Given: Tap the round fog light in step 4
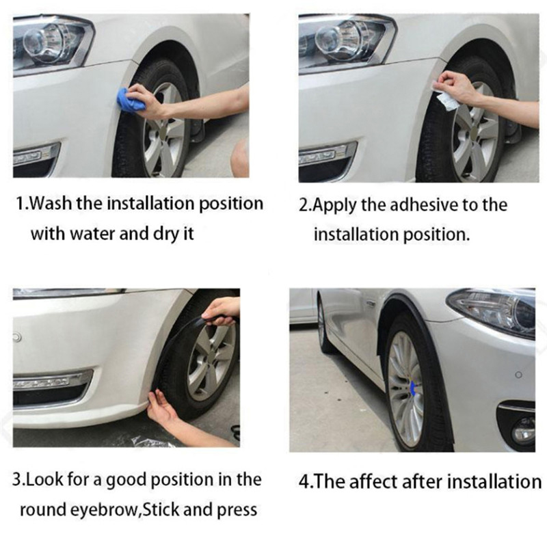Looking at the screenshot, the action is [x=523, y=431].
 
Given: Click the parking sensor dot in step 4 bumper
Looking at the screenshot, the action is [x=519, y=375].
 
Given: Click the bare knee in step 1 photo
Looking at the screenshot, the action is [x=240, y=157].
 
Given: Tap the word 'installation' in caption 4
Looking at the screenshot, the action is [x=494, y=481].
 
